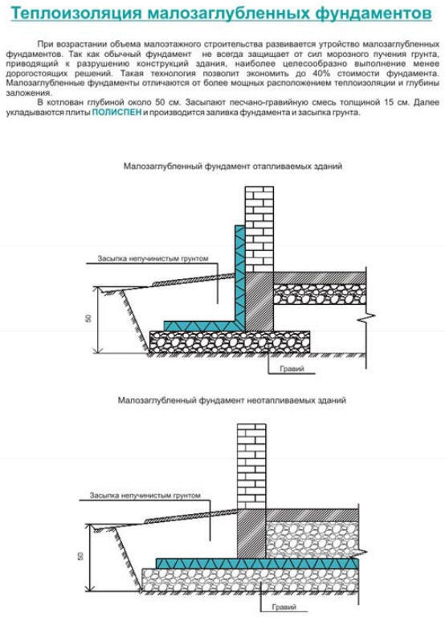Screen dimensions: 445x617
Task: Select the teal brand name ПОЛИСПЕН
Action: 116,112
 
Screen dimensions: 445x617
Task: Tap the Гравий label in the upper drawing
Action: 292,368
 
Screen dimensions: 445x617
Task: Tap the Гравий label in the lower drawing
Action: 284,607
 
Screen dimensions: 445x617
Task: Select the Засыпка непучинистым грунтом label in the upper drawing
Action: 153,258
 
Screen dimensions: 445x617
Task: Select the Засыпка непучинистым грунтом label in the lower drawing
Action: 145,496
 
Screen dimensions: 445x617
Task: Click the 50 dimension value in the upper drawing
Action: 88,319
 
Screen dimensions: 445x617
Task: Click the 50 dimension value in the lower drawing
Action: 80,556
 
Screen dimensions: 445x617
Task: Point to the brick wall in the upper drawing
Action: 259,229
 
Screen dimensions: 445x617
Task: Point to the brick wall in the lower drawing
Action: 251,467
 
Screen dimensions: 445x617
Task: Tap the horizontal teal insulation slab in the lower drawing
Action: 257,563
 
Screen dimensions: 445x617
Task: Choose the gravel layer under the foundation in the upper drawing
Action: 230,342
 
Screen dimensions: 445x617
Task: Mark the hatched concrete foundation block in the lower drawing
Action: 251,534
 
